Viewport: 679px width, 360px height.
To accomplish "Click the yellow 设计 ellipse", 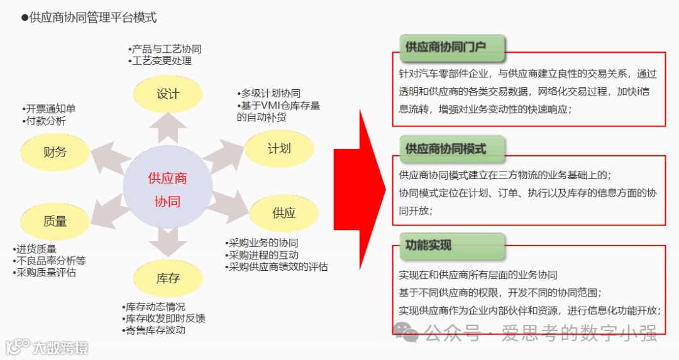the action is (x=167, y=94).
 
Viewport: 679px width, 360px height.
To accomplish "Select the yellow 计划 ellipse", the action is (x=279, y=149).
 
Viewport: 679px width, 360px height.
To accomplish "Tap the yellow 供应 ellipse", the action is (x=284, y=213).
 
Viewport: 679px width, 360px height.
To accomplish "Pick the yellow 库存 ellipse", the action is (x=168, y=278).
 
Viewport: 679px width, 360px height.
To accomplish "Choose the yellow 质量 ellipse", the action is (x=55, y=221).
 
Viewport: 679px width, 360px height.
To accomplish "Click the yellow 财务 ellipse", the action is (x=55, y=151).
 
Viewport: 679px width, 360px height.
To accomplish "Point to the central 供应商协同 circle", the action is (x=167, y=189).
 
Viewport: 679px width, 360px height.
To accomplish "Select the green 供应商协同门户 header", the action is (x=451, y=46).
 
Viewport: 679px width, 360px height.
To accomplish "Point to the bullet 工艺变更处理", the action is (x=162, y=61).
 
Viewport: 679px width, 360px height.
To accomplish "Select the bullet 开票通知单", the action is (x=50, y=109).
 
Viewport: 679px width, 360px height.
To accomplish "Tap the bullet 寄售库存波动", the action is (x=155, y=330).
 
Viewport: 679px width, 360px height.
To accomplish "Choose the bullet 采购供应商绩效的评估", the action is (x=278, y=266).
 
